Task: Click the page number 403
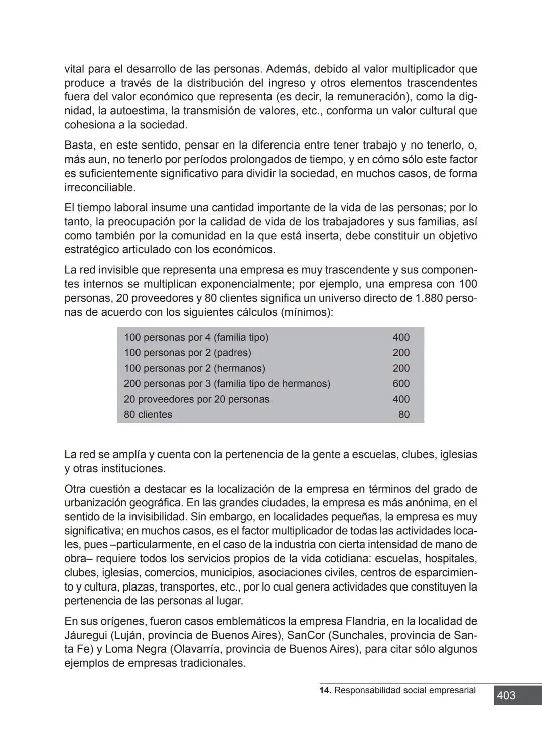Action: pos(506,695)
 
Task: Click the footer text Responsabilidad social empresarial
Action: pos(404,690)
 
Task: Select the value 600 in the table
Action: pos(401,384)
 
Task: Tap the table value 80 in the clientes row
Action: pos(404,415)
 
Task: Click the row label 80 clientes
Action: pos(148,415)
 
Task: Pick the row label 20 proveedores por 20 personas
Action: pos(197,399)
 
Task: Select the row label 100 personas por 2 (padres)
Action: pos(188,353)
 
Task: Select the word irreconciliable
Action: pos(100,188)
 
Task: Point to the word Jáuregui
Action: pos(85,635)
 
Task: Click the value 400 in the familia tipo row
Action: pos(401,337)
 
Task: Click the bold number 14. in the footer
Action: pos(325,690)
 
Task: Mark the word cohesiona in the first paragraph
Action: pos(90,125)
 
